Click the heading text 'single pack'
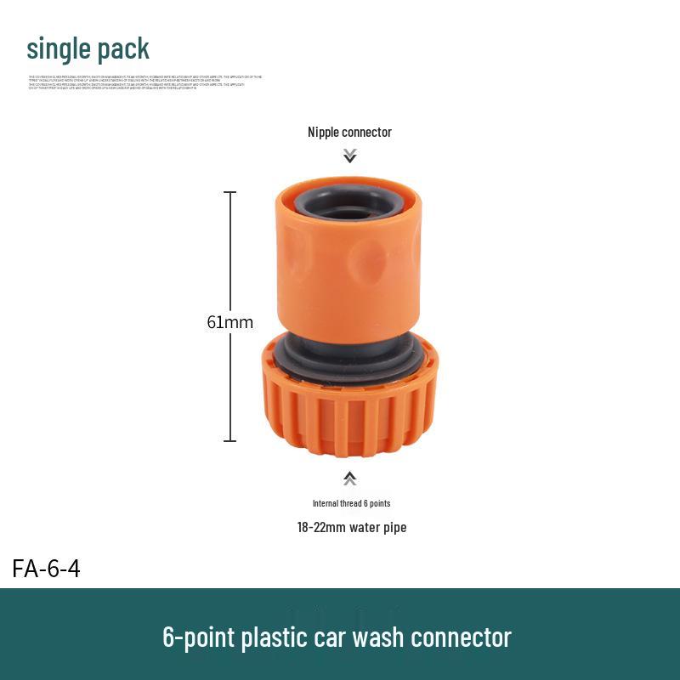(88, 49)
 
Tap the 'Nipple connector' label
(349, 132)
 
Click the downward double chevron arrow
(349, 156)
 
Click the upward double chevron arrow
(349, 479)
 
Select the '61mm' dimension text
(229, 322)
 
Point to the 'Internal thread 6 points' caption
(351, 503)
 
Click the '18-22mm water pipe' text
(351, 527)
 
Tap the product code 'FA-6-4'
(46, 569)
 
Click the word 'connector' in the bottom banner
(466, 637)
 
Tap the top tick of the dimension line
(229, 193)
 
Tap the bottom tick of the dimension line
(229, 440)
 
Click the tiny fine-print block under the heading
(144, 82)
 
